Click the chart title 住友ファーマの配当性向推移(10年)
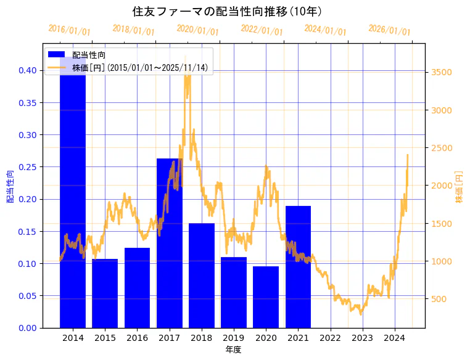[x=226, y=12]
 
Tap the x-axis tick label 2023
[x=362, y=338]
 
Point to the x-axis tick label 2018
[x=201, y=338]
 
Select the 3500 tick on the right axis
[x=442, y=72]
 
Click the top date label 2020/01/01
[x=197, y=30]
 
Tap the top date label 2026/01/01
[x=389, y=30]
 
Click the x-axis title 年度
[x=233, y=350]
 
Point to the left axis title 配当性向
[x=10, y=186]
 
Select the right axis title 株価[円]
[x=459, y=187]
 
